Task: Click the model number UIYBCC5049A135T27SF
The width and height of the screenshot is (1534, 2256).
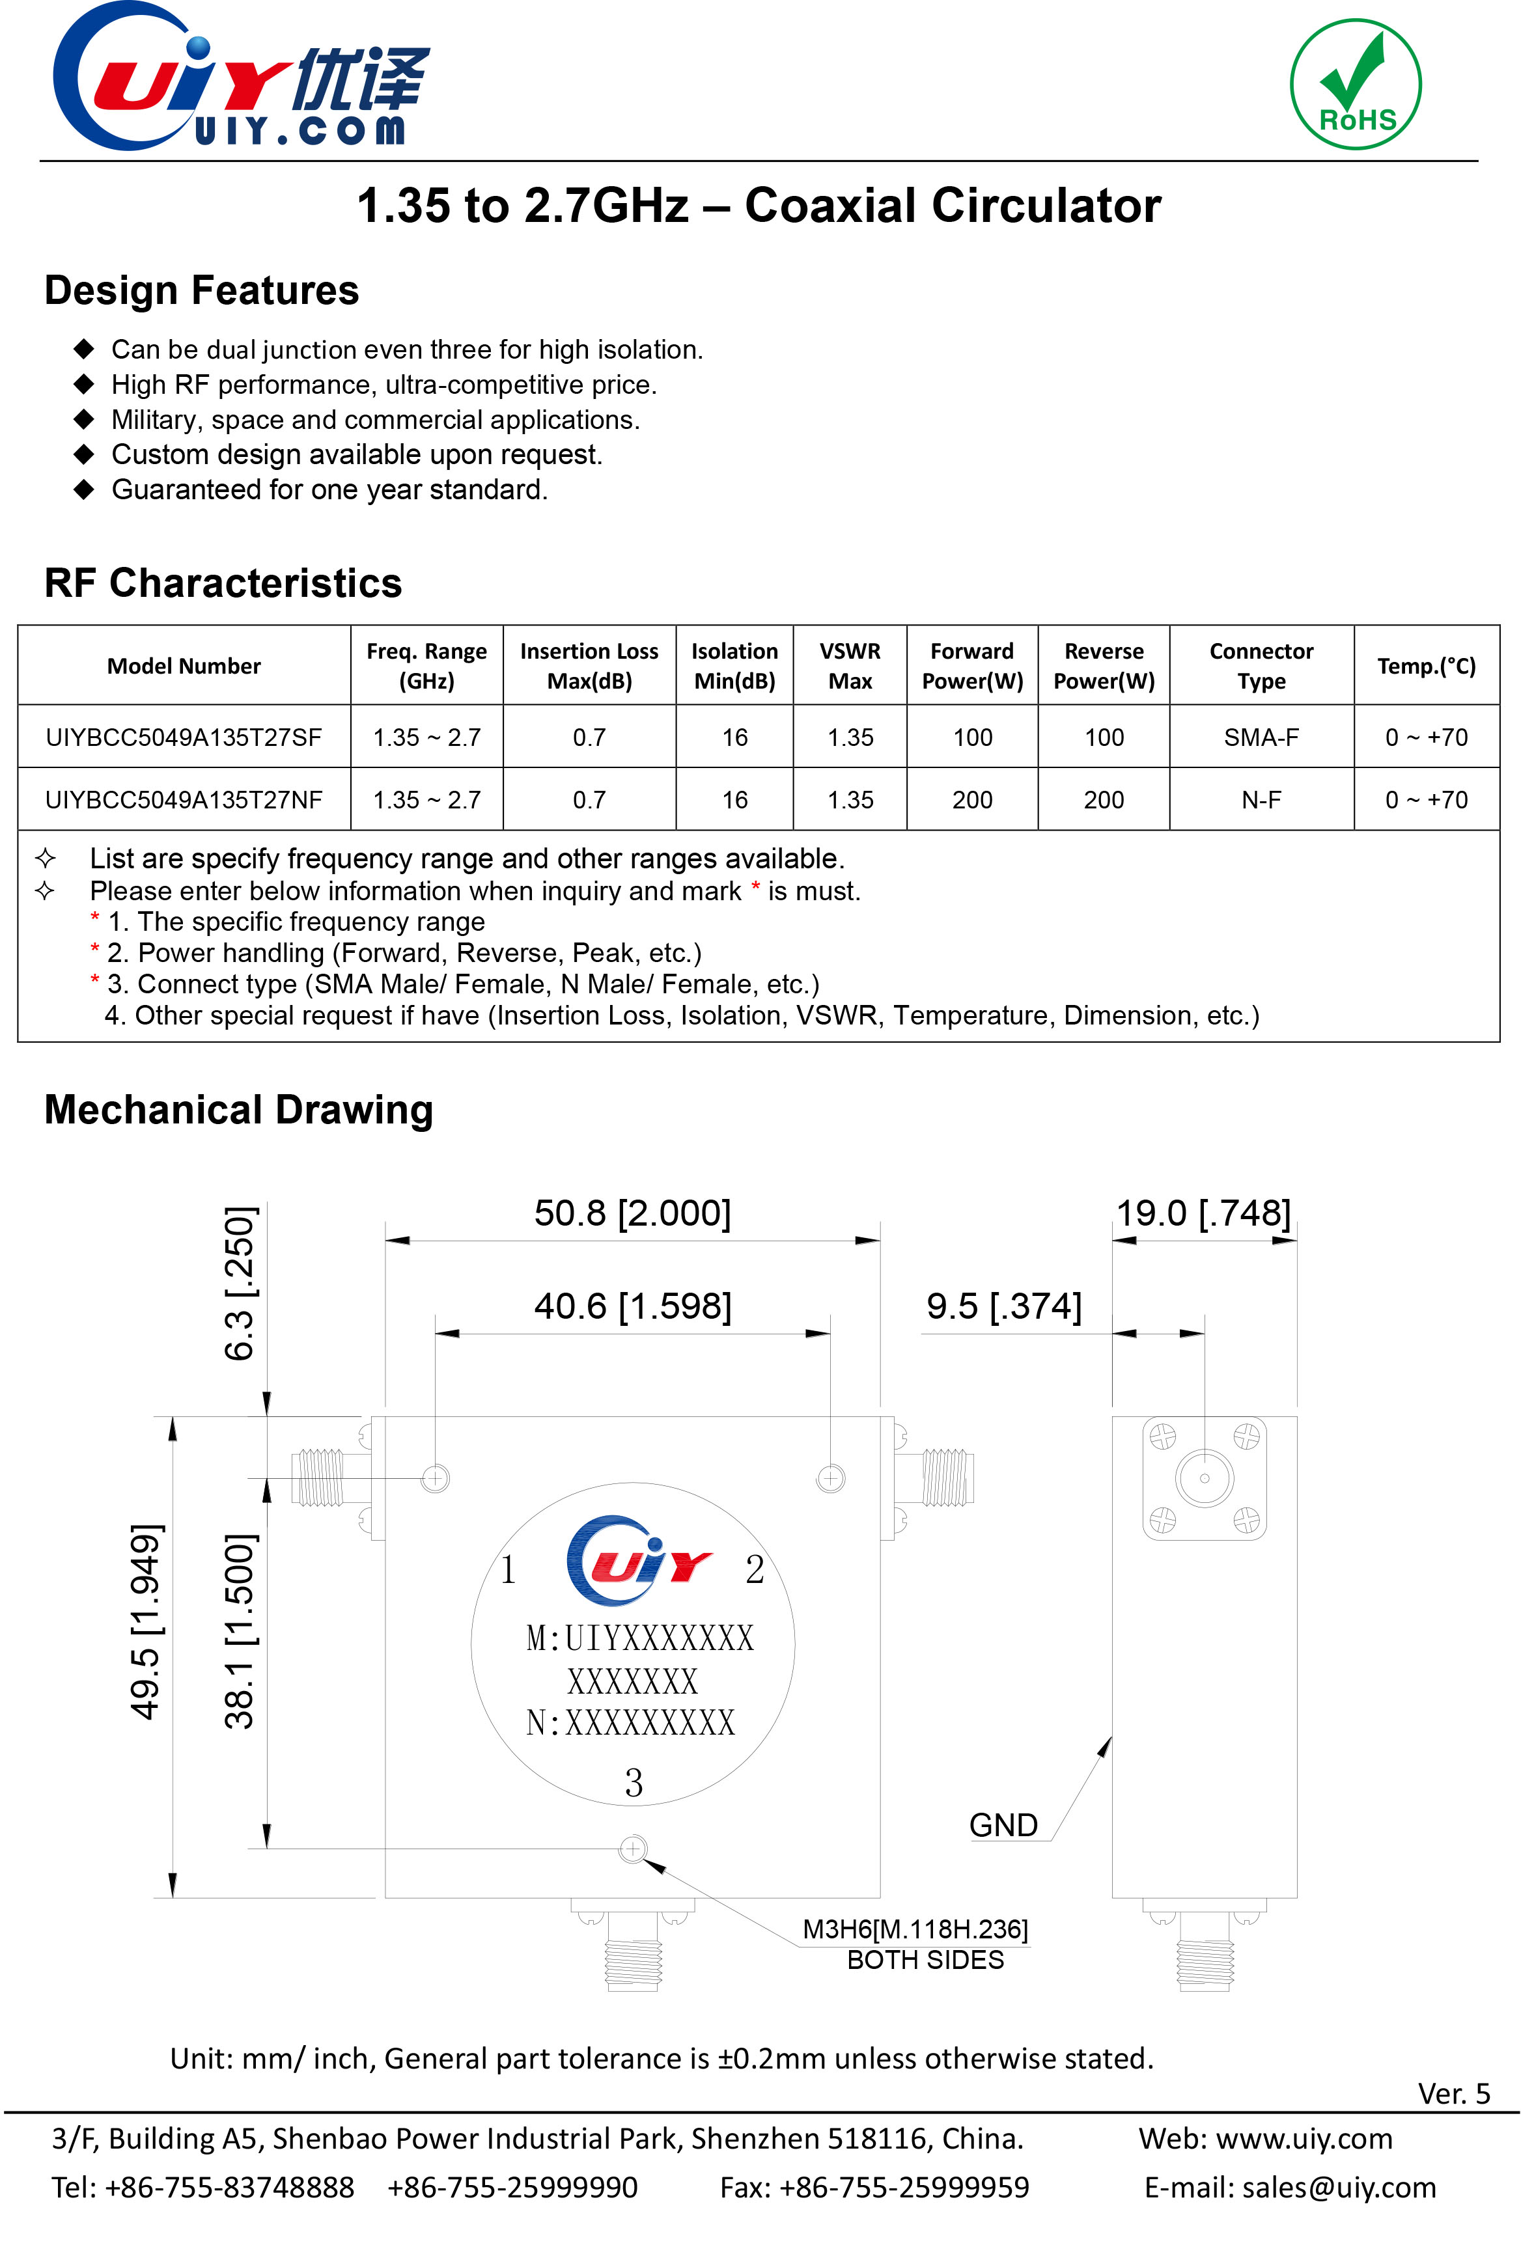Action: [x=184, y=737]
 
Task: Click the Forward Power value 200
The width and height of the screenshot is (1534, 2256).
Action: [x=972, y=800]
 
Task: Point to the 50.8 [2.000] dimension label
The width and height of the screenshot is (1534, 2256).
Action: [x=632, y=1213]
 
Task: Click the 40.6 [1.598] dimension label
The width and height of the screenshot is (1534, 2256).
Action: [x=632, y=1306]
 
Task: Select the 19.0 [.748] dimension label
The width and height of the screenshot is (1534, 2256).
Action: [x=1203, y=1213]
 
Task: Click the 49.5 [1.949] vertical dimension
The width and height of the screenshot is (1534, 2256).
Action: [x=146, y=1622]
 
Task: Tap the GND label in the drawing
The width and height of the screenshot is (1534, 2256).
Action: [x=1003, y=1825]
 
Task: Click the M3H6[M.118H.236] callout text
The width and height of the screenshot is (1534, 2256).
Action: [x=915, y=1929]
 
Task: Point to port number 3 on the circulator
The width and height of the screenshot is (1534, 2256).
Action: [x=633, y=1782]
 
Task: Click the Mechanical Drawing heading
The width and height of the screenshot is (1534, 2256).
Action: [x=239, y=1110]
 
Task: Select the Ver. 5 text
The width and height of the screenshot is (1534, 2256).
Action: [x=1453, y=2094]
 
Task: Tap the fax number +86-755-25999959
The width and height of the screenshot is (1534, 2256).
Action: [x=903, y=2187]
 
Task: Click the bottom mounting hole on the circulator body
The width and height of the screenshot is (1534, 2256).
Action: [x=633, y=1849]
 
